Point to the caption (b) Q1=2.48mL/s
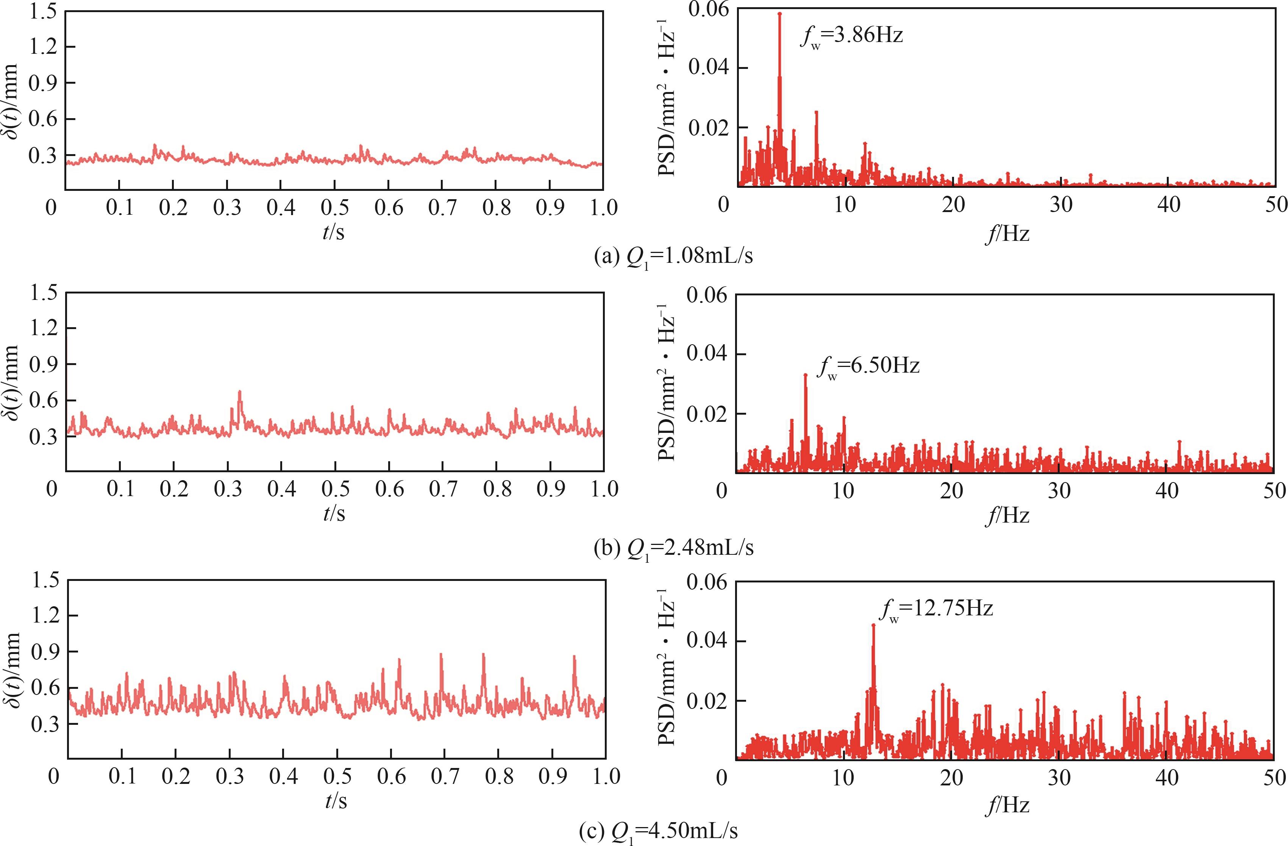673,548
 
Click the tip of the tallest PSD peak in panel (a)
779,14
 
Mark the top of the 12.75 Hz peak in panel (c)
873,626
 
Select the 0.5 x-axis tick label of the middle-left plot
335,489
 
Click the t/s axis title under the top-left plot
333,232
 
